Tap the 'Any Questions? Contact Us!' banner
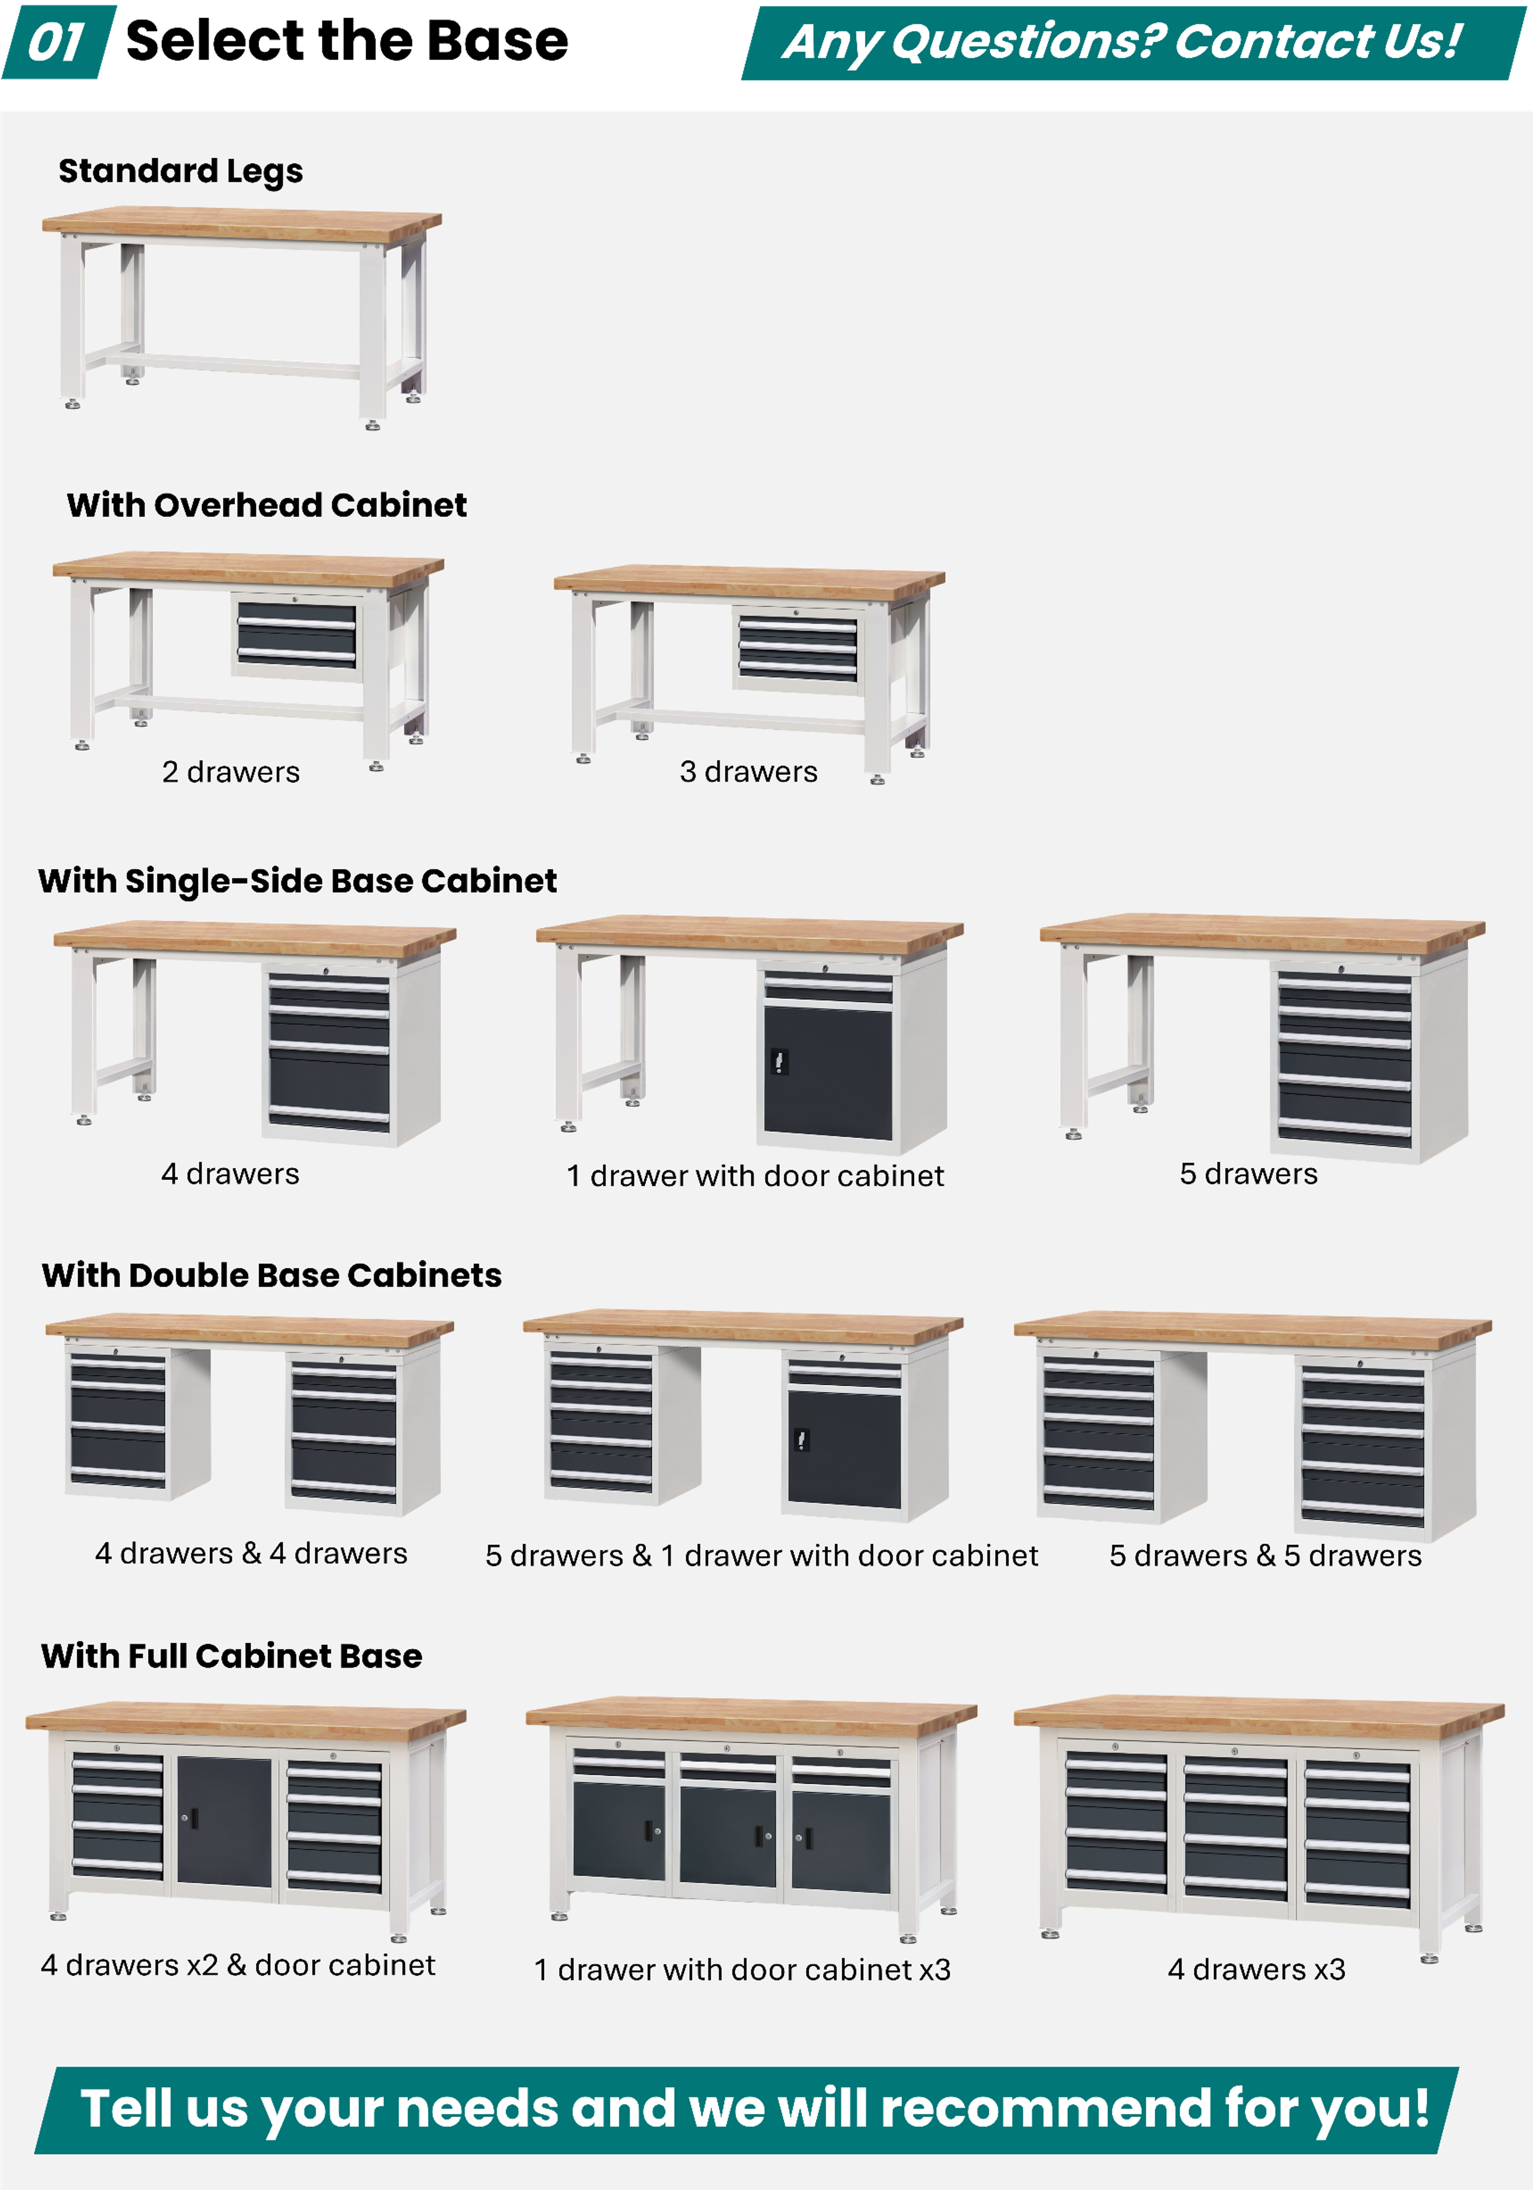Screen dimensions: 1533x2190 click(1133, 43)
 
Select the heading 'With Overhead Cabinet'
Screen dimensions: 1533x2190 click(266, 504)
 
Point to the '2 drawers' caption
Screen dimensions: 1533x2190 click(231, 772)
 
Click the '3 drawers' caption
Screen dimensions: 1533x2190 click(748, 772)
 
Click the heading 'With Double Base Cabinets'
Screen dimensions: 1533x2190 click(272, 1275)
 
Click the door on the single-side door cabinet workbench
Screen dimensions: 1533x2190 click(828, 1072)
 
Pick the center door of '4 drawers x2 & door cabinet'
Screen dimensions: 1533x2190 click(224, 1822)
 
